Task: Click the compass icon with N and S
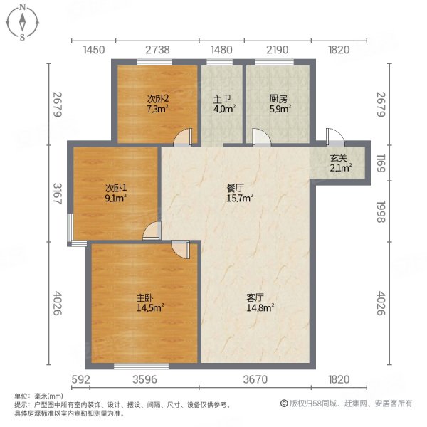[23, 22]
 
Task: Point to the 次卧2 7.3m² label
[157, 105]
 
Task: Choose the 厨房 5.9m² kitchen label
[278, 105]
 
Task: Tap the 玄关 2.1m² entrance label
[338, 163]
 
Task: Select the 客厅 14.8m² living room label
[260, 302]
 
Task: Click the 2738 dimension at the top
[157, 50]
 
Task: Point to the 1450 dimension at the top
[94, 50]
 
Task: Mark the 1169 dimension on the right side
[383, 167]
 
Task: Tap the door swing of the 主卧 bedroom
[181, 249]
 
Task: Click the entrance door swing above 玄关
[332, 137]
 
